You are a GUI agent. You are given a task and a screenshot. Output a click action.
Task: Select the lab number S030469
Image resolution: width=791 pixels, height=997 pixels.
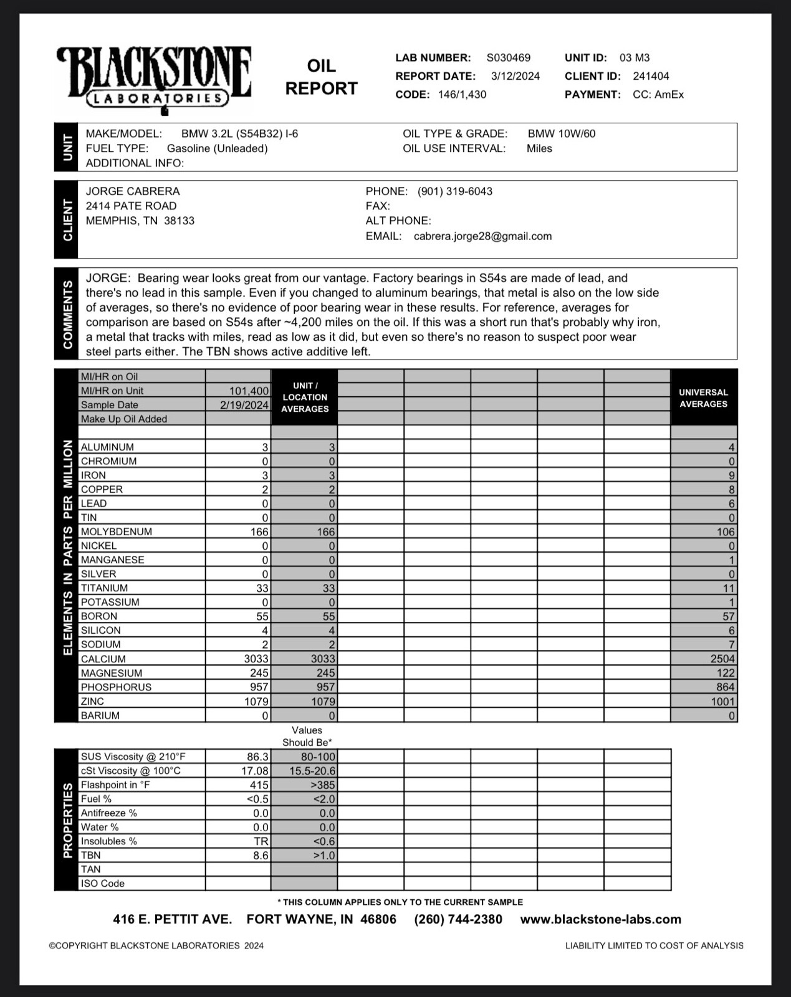coord(508,58)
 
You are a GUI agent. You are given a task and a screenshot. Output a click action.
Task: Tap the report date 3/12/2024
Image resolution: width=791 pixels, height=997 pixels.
coord(515,77)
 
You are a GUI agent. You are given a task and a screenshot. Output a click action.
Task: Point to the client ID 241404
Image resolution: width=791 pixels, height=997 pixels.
coord(651,77)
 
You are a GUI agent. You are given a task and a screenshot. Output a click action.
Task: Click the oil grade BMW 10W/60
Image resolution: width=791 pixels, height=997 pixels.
coord(561,134)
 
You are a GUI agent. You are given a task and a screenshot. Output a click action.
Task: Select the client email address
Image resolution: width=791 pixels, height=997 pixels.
coord(482,237)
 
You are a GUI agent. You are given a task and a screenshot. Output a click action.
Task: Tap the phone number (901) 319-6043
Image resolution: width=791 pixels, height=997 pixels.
coord(454,191)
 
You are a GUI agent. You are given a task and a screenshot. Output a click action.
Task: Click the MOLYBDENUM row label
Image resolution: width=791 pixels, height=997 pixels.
coord(117,532)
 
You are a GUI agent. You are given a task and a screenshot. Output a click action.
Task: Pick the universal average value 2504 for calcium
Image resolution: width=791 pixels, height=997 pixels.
coord(722,659)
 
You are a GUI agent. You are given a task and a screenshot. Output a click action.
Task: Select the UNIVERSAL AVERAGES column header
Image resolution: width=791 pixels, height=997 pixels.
coord(703,398)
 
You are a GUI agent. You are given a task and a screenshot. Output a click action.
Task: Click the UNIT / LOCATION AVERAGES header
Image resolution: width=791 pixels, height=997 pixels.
coord(304,398)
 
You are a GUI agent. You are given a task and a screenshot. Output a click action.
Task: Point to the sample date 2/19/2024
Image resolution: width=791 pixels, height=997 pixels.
coord(244,405)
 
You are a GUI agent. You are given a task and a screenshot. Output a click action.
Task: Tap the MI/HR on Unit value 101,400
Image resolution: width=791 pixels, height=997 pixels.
coord(249,391)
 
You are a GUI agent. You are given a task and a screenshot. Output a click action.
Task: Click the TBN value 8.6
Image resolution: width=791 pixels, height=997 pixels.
coord(261,856)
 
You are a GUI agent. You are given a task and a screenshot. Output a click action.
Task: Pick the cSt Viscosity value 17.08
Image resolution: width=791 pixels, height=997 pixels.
coord(255,771)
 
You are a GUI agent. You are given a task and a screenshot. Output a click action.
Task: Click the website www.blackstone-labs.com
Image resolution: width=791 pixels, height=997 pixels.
coord(600,920)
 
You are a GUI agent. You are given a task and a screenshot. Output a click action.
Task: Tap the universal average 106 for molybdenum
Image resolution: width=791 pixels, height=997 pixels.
coord(726,532)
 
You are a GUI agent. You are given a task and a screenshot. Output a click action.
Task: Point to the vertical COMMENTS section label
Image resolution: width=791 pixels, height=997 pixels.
coord(67,314)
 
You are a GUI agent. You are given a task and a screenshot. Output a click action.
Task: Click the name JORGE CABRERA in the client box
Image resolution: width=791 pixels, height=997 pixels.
coord(133,191)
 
